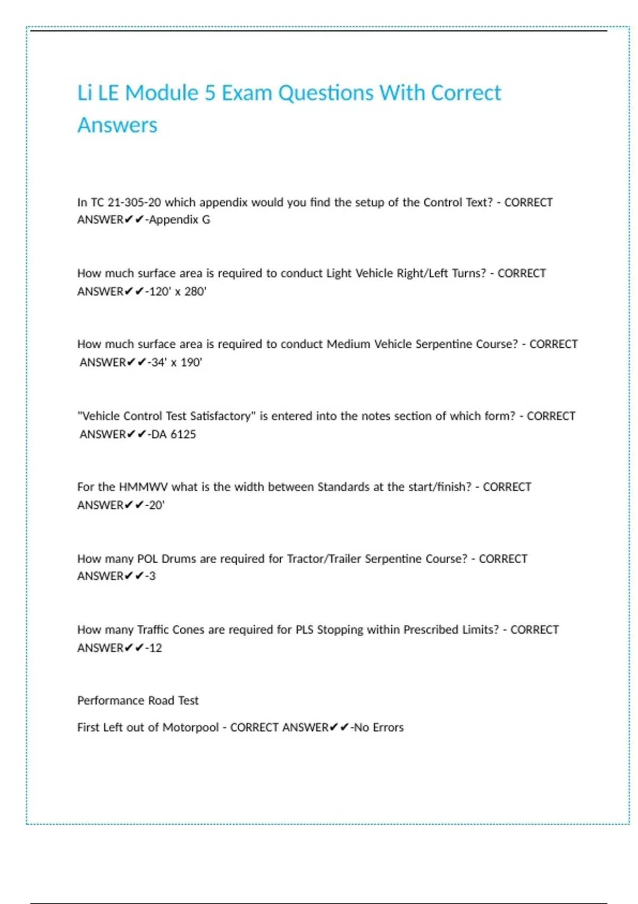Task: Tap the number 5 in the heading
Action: [210, 93]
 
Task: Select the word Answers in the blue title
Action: [117, 125]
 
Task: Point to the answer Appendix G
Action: [180, 220]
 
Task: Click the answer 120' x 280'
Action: [178, 291]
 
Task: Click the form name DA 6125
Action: [173, 434]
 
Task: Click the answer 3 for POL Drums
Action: [153, 576]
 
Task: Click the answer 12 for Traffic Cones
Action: [155, 648]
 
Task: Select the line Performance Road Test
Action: [138, 701]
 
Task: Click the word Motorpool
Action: [190, 727]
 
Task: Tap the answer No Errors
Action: [379, 727]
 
